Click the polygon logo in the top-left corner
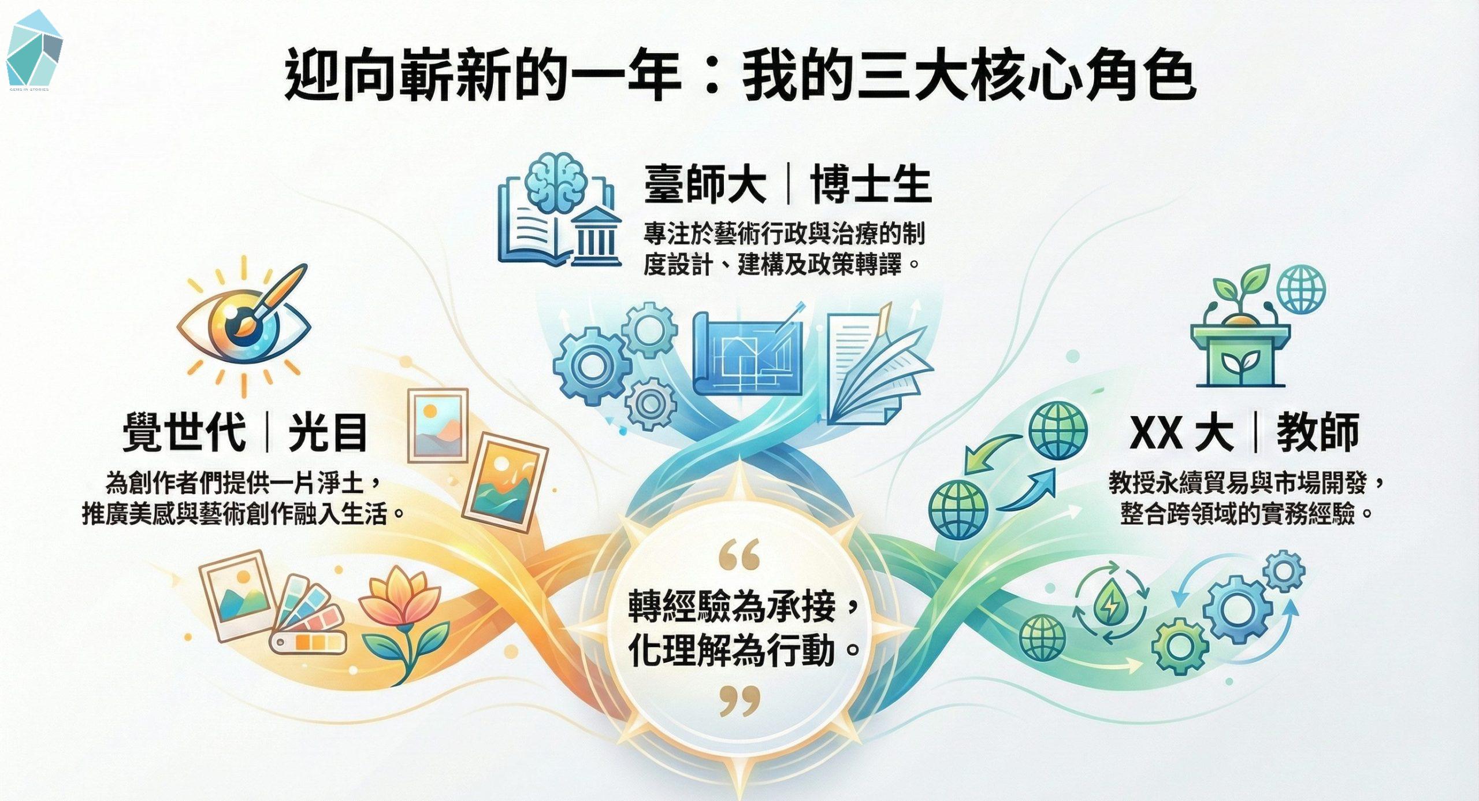pos(34,49)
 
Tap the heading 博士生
pos(871,184)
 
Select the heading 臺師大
pos(705,184)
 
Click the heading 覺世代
pos(185,432)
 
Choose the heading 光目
pos(328,432)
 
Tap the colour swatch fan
pos(309,615)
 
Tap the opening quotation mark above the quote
pos(740,555)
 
